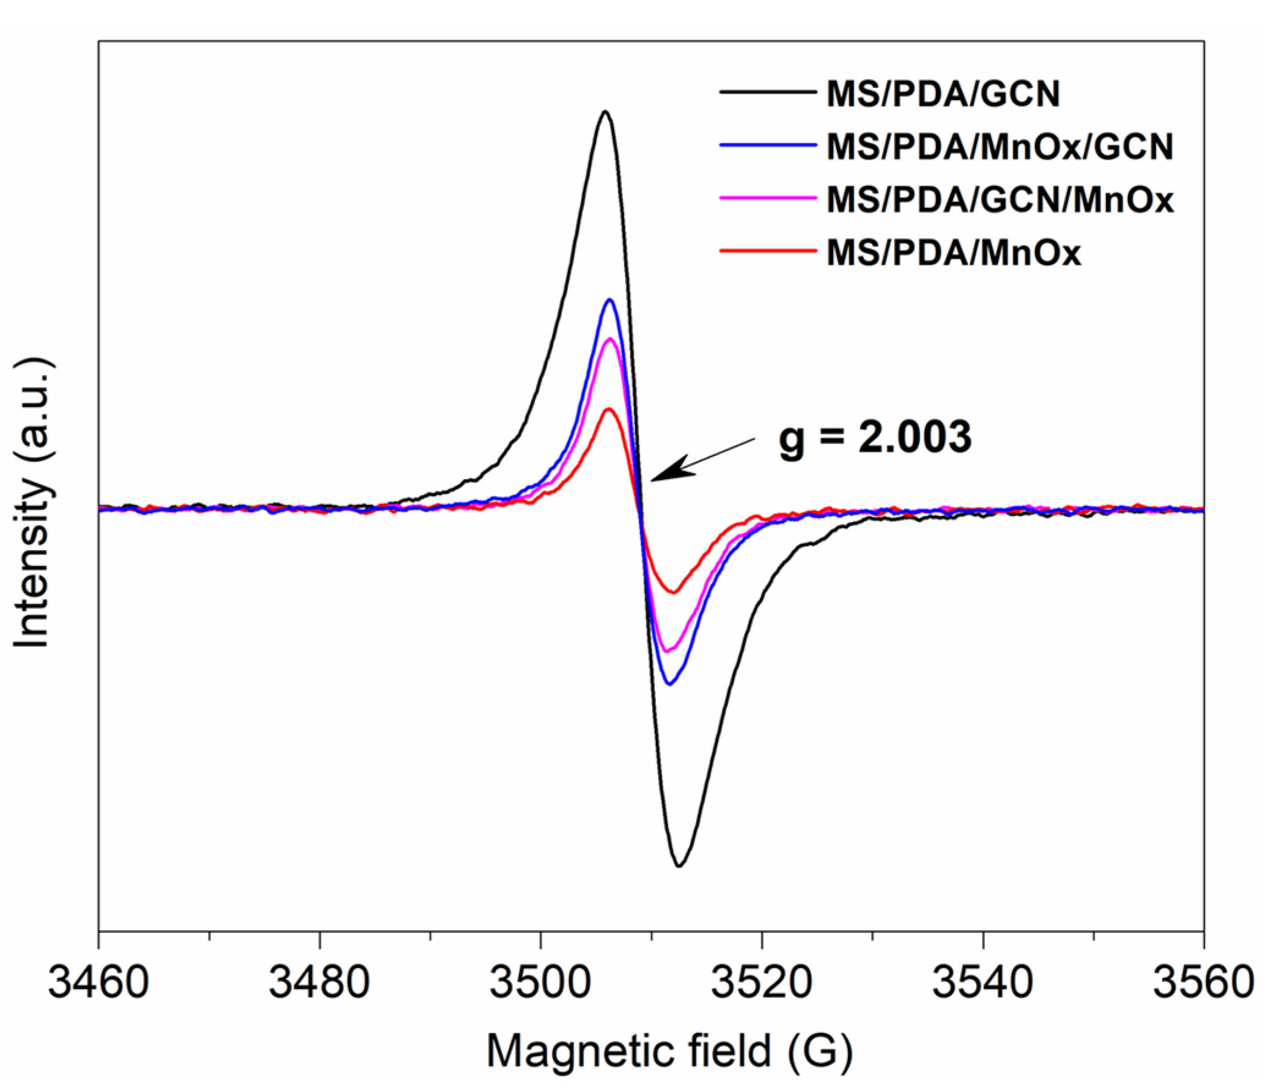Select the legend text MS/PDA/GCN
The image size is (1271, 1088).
943,95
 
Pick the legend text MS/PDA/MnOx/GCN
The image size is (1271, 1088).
1000,147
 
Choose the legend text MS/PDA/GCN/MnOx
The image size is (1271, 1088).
1000,200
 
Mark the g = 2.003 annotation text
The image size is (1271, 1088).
875,437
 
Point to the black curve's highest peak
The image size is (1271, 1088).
605,112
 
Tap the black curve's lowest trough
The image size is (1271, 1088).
679,866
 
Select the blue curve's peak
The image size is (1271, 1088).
610,300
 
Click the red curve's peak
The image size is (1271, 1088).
608,408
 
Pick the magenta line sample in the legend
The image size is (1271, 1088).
768,198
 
